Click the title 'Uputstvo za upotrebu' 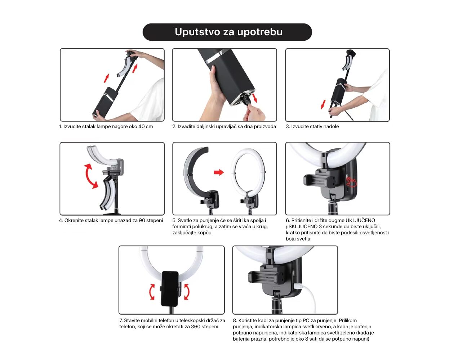pos(228,32)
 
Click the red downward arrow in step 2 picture pos(254,98)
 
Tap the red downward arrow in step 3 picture pos(323,104)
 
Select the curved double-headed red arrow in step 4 pos(91,176)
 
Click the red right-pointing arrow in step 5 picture pos(219,172)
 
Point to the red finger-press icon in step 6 pos(351,182)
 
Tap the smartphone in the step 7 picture pos(170,288)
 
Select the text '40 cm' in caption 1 pos(146,126)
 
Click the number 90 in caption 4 pos(142,221)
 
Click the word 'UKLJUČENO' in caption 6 pos(360,221)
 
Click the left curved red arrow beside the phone pos(152,292)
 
